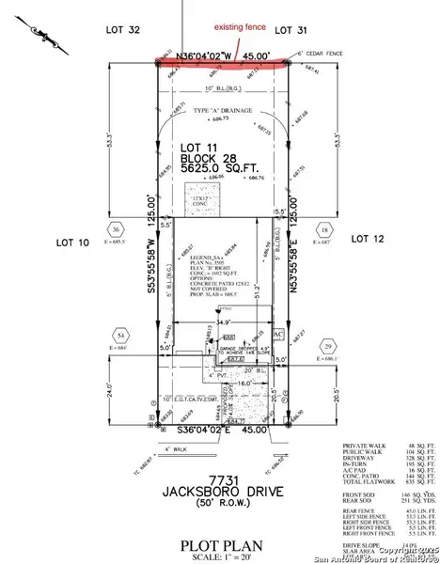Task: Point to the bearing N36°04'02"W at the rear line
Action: pyautogui.click(x=196, y=55)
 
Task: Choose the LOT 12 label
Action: pyautogui.click(x=369, y=239)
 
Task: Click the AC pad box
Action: pyautogui.click(x=276, y=334)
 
